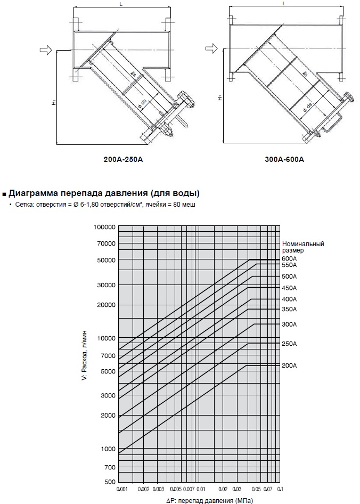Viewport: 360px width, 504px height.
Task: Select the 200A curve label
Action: (x=289, y=365)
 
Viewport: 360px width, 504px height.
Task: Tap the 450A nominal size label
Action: (x=289, y=288)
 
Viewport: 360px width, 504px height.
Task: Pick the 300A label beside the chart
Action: (x=289, y=324)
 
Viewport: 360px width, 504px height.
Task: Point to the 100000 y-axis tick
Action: (x=104, y=227)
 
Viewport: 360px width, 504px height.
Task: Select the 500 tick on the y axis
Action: (x=110, y=482)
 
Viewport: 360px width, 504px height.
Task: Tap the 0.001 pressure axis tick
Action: (x=122, y=489)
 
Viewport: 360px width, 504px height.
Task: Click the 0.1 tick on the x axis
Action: (x=280, y=489)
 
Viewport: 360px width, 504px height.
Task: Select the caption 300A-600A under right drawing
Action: (x=284, y=159)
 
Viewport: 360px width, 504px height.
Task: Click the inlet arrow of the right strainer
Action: (x=211, y=49)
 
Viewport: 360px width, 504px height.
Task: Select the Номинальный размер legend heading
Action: (x=303, y=247)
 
